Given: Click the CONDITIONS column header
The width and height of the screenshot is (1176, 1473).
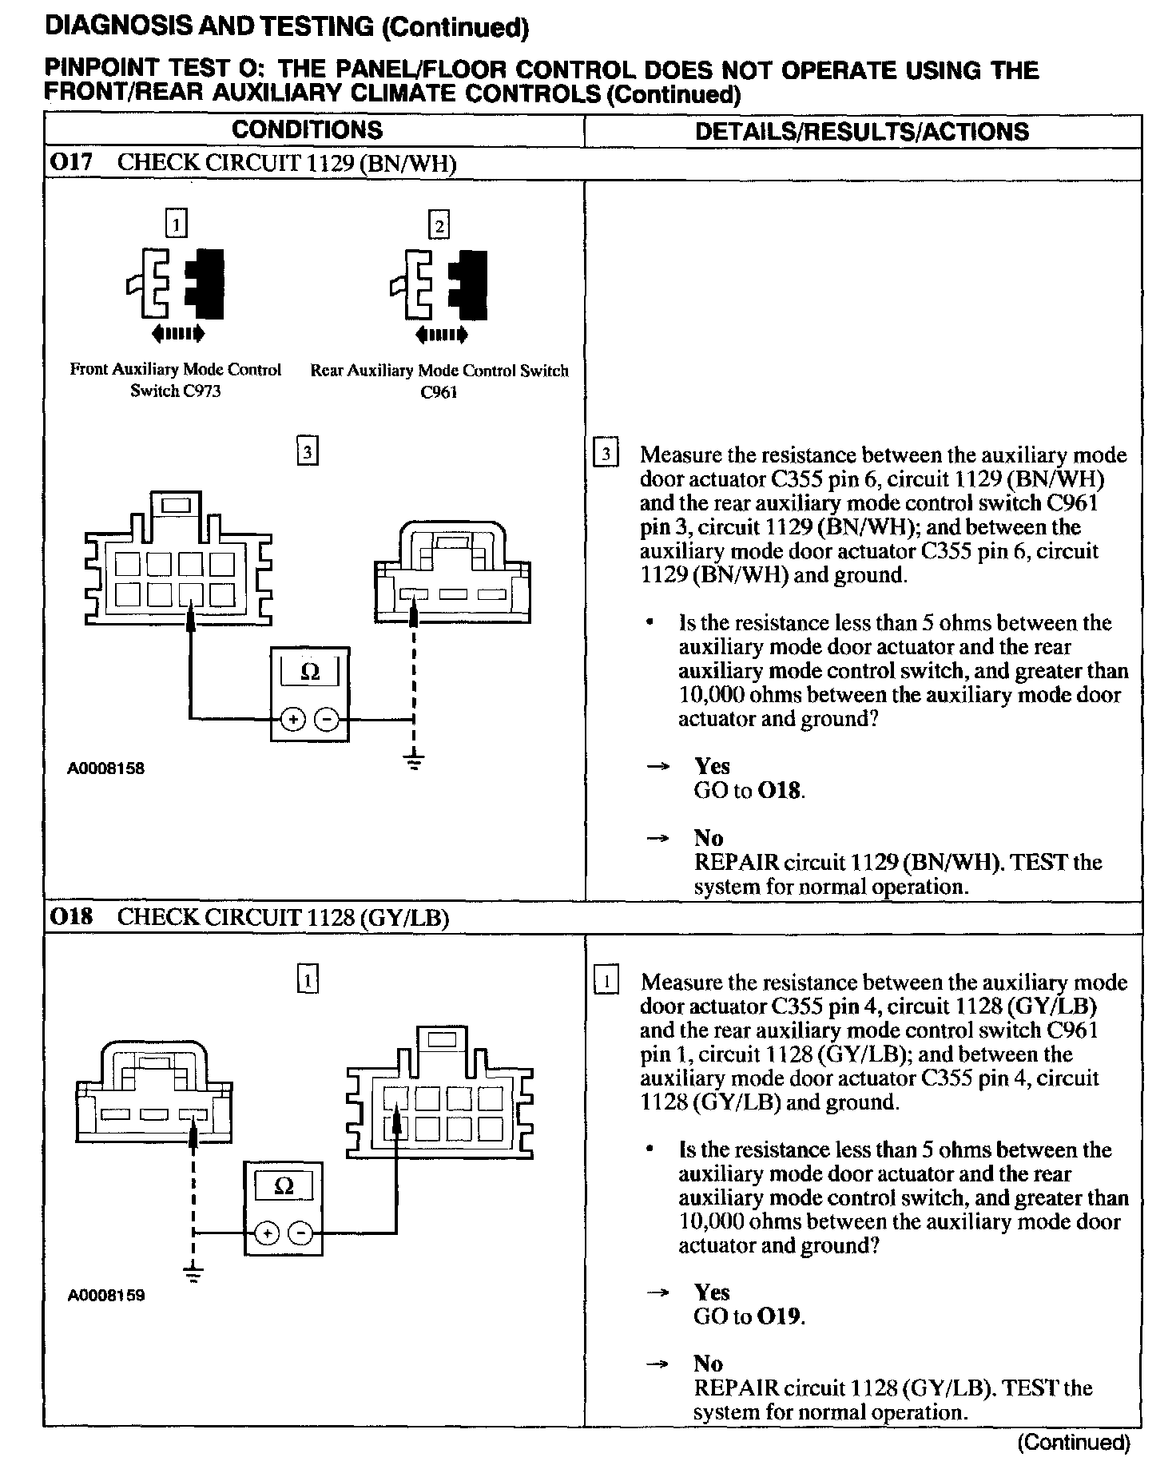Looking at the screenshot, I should pos(307,130).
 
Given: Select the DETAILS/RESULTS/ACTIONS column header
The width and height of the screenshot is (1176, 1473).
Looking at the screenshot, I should pos(862,132).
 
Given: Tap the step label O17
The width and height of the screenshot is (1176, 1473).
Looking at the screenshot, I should pos(70,163).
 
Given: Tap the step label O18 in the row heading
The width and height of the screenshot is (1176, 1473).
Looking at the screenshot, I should pos(70,917).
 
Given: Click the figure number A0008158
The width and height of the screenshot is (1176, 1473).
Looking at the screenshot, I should pos(105,769).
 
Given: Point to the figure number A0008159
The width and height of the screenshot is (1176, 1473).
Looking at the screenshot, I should pos(105,1296).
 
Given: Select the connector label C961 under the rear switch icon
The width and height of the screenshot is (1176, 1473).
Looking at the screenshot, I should pos(439,392).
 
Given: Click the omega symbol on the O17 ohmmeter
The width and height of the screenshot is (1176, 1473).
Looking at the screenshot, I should pos(309,673).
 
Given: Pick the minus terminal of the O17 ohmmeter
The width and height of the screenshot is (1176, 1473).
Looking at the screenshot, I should pos(327,720).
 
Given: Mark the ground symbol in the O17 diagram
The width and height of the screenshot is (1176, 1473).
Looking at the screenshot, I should pos(413,762).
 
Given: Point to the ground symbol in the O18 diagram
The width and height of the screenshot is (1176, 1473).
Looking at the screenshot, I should pos(193,1273).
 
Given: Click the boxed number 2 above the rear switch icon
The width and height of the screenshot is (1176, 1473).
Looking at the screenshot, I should pos(439,226).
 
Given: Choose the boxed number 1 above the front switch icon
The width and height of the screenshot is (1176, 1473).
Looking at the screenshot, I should pos(176,224).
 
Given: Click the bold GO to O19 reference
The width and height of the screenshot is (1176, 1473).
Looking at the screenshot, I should pos(779,1316).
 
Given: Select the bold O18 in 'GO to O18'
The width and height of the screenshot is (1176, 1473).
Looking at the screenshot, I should pos(780,791).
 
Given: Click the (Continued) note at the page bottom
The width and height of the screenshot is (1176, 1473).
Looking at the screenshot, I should pos(1072,1443).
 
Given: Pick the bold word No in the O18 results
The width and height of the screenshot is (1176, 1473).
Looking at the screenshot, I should pos(708,1364).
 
